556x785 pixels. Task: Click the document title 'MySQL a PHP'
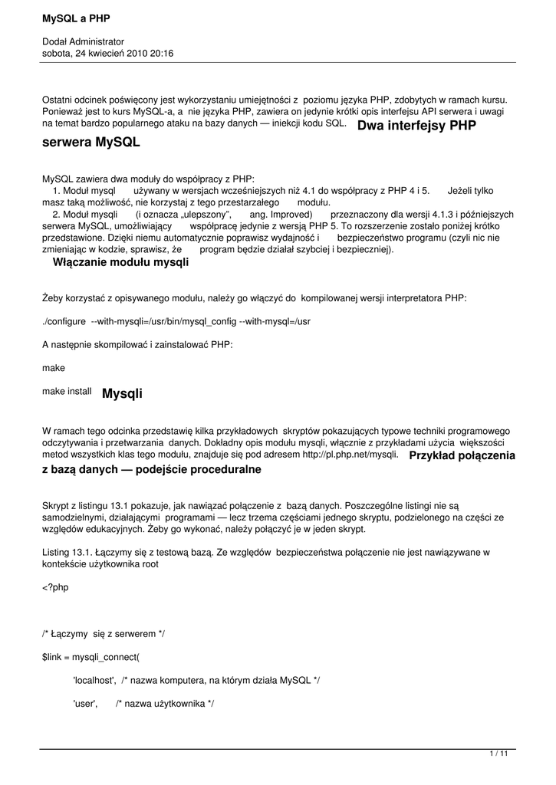76,18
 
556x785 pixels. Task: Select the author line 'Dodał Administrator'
83,41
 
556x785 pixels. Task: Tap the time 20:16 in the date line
162,54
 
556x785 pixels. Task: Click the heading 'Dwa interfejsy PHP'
417,125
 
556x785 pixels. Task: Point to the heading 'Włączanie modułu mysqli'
120,262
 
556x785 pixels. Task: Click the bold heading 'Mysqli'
122,394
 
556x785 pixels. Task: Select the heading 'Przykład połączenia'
462,455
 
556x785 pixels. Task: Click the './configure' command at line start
64,320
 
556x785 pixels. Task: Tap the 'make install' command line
67,391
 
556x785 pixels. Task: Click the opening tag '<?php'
55,587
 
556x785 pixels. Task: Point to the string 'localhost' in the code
94,681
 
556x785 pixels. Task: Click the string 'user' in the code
84,704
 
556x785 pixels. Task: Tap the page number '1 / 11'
498,754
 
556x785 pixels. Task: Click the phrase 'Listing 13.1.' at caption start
67,552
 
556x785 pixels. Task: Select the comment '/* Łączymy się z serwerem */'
104,634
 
